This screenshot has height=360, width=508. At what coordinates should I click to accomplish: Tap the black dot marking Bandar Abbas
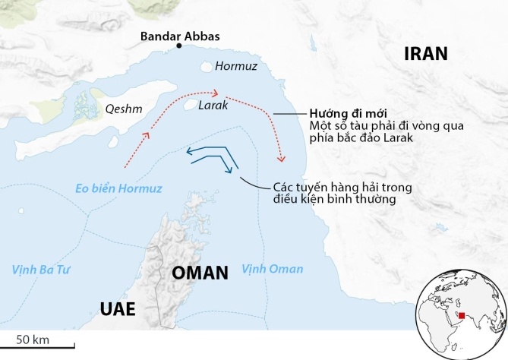tap(179, 47)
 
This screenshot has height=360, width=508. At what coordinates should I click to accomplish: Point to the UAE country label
tap(118, 308)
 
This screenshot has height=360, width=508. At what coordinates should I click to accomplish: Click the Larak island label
tap(213, 106)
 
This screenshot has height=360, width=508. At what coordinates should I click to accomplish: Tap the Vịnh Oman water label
tap(272, 269)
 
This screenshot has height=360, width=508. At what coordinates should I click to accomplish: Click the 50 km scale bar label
tap(33, 338)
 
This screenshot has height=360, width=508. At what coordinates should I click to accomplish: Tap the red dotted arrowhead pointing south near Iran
tap(282, 159)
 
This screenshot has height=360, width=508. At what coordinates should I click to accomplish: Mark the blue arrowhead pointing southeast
tap(228, 170)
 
